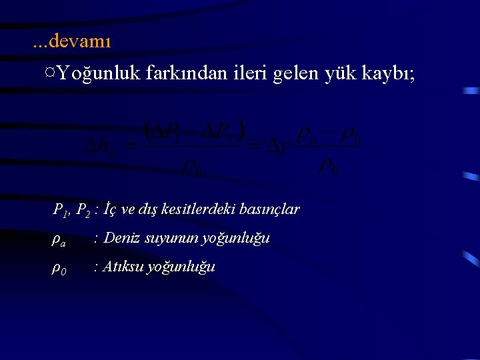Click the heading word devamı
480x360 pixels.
pos(80,41)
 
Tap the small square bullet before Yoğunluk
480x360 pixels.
pos(51,71)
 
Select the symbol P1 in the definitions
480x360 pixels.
pos(61,211)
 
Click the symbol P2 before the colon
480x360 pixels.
pos(84,211)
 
